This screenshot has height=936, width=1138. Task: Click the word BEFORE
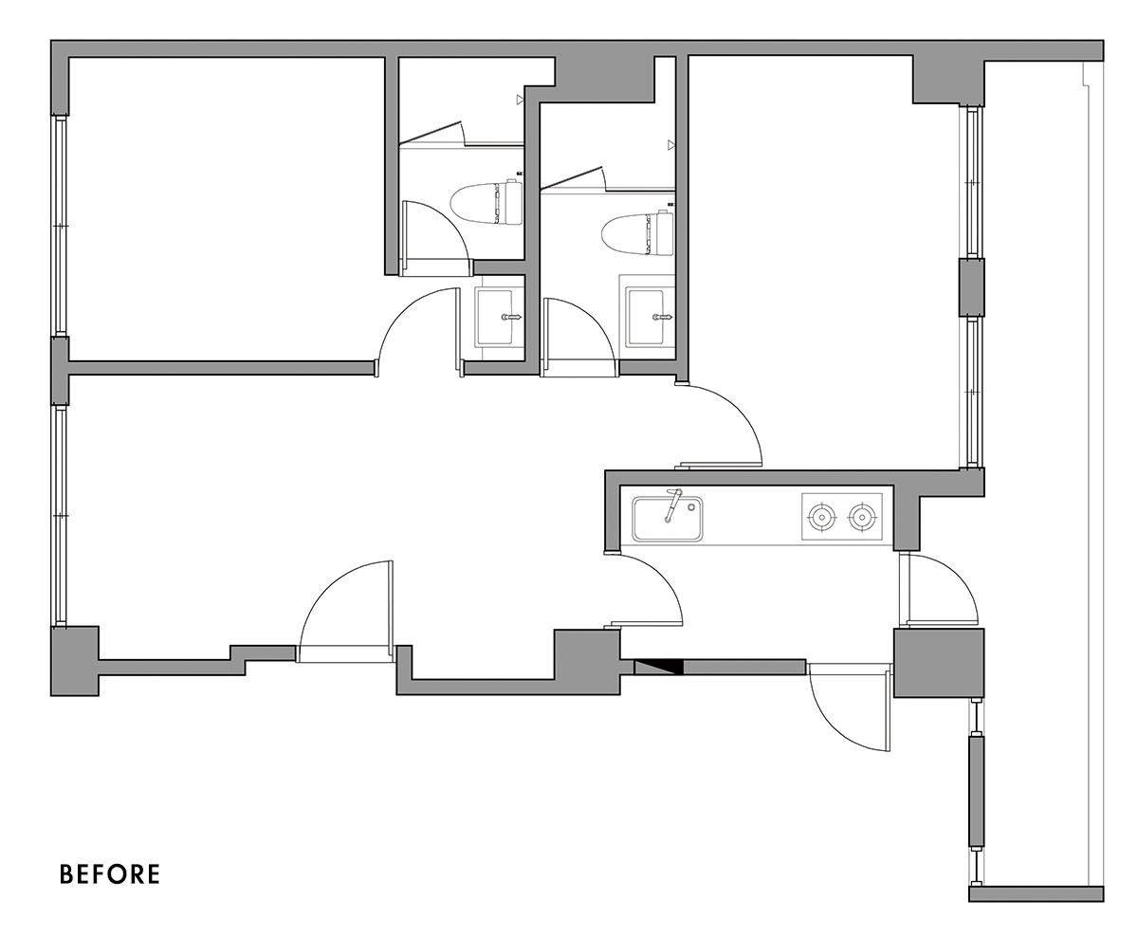pos(110,874)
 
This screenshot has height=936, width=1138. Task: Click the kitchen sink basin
pos(668,518)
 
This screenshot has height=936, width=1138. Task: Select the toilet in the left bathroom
pos(486,203)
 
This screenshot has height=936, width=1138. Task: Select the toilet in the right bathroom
pos(638,234)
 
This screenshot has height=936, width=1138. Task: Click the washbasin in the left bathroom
pos(494,317)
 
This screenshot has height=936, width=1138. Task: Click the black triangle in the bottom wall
pos(659,668)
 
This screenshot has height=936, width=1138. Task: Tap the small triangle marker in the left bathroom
pos(521,100)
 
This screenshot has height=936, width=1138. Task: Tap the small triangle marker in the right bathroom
pos(671,144)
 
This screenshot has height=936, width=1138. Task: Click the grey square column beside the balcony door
pos(938,663)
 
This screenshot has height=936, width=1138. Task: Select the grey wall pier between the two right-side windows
pos(971,287)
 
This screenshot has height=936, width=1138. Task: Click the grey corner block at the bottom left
pos(75,661)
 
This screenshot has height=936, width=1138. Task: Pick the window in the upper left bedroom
pos(60,226)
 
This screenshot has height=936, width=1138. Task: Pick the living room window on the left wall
pos(60,516)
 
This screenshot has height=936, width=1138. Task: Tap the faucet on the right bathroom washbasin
pos(663,317)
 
